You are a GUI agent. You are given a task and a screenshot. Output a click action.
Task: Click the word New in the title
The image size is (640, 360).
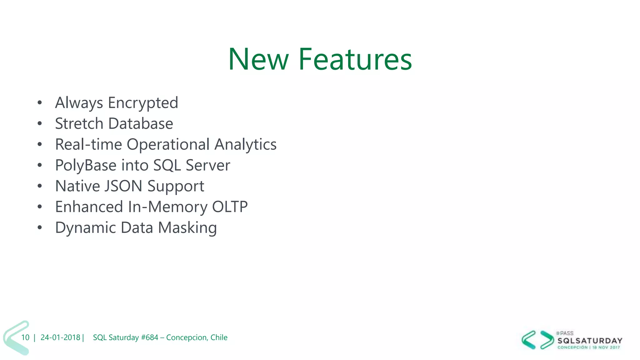pos(258,59)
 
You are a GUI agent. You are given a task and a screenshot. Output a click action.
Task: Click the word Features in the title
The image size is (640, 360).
pos(355,59)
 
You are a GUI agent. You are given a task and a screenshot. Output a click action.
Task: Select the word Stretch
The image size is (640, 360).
pos(79,124)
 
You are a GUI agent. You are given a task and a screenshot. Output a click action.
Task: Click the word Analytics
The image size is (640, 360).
pos(246,145)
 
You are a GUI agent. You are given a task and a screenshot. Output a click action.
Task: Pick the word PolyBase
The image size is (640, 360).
pos(86,166)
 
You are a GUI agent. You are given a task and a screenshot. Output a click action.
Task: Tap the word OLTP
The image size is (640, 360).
pos(230,207)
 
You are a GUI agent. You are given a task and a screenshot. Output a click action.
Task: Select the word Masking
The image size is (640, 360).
pos(187,228)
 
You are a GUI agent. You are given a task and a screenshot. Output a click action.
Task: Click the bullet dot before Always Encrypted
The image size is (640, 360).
pos(39,103)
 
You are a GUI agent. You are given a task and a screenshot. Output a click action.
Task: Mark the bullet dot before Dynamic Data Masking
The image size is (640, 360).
pos(39,227)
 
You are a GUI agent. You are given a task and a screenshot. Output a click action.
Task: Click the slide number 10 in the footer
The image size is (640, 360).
pos(25,337)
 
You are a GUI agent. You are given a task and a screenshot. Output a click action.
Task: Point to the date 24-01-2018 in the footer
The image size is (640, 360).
pos(60,337)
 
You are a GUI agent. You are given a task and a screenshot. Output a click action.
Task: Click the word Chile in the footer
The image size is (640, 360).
pos(219,337)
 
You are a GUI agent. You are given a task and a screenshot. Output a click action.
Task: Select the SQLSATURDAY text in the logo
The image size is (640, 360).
pos(590,341)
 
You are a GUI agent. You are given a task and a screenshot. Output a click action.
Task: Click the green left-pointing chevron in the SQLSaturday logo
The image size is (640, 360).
pos(529,340)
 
